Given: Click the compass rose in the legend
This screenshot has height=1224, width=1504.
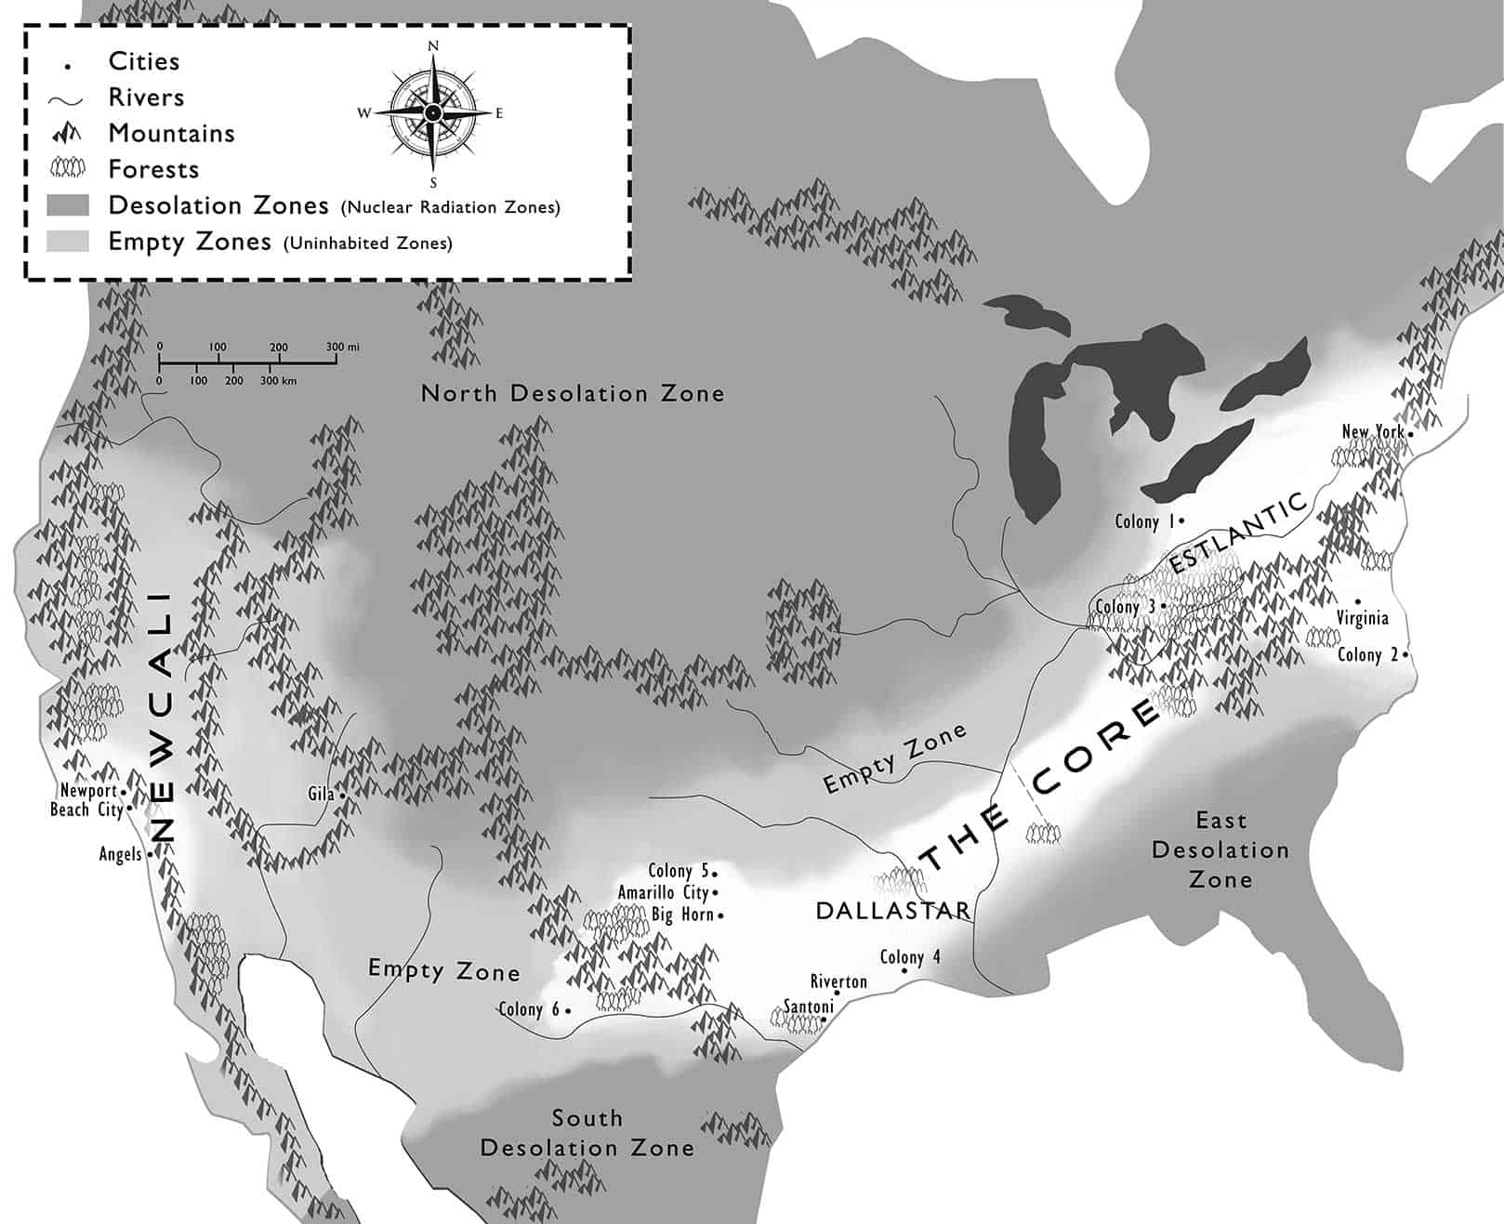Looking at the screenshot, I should point(432,112).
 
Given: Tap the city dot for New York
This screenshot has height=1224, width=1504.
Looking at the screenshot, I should point(1410,434).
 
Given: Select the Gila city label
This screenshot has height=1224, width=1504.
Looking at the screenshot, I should point(321,794).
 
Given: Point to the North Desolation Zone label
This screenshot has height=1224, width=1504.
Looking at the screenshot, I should point(573,393).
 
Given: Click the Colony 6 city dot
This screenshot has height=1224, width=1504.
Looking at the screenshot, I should point(568,1010).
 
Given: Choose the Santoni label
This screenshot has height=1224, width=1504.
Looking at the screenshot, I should point(808,1006).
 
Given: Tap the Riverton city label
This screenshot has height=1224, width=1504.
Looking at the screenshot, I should point(838,981).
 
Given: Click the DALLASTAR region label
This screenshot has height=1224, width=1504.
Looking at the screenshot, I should point(892,911).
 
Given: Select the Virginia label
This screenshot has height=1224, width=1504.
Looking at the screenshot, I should point(1362,618).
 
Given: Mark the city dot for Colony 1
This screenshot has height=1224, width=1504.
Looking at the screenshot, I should point(1181,522).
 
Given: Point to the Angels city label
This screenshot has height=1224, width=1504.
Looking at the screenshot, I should point(121,854).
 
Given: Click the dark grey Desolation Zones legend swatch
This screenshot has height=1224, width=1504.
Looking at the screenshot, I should point(68,205).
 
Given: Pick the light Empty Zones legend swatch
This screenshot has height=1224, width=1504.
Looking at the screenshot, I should point(68,242).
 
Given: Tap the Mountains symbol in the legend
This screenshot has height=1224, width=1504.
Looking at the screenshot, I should point(68,134).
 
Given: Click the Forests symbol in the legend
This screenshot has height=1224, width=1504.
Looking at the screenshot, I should point(68,168).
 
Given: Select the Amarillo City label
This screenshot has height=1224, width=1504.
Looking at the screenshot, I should point(663,892).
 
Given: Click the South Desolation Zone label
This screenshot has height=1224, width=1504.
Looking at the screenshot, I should point(587,1133).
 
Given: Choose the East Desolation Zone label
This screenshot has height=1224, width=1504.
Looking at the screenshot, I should point(1220,849).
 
